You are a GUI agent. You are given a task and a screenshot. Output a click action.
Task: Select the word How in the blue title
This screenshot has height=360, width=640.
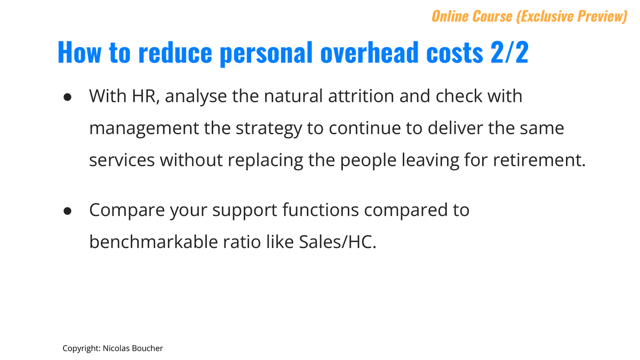[79, 52]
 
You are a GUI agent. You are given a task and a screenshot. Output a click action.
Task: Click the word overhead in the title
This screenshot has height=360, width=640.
[369, 52]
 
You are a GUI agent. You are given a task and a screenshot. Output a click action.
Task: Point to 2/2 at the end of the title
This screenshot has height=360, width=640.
[509, 52]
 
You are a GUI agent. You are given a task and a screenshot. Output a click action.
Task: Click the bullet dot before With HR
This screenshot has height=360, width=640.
[67, 97]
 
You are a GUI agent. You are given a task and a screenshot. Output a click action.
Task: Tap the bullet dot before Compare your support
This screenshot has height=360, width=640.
[67, 211]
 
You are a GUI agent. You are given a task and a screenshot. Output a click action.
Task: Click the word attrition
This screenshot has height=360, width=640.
[361, 96]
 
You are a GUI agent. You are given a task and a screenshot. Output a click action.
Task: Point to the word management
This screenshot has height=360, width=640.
[144, 129]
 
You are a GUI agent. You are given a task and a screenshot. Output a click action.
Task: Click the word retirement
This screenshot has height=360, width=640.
[539, 160]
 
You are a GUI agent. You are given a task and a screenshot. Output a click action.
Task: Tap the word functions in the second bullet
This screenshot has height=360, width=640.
[321, 210]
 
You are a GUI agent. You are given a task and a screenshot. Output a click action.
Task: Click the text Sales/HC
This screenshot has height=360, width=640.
[338, 242]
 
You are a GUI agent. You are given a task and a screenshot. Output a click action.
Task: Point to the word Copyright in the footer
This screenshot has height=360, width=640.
[82, 349]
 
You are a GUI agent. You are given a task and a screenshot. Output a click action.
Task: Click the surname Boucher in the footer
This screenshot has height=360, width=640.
[148, 348]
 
